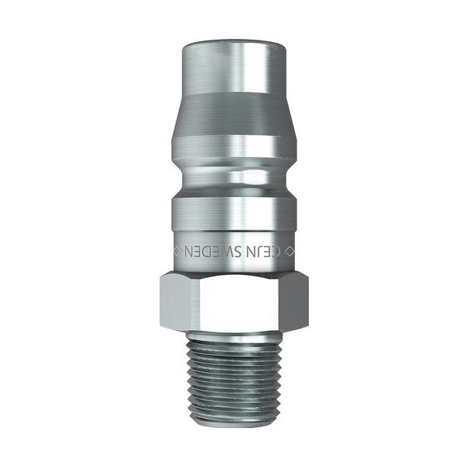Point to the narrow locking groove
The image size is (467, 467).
[x=233, y=177]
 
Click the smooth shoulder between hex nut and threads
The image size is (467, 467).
[x=233, y=329]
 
